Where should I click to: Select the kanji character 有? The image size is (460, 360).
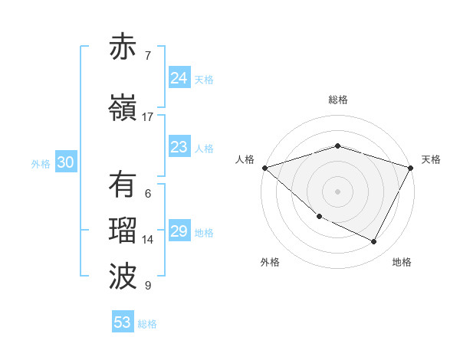[x=123, y=185]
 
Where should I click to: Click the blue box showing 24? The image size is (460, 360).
[x=179, y=78]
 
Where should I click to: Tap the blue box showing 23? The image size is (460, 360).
[x=179, y=147]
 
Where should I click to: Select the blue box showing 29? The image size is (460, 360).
[x=179, y=231]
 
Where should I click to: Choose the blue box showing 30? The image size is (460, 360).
[x=65, y=162]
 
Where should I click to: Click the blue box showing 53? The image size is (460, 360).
[x=123, y=322]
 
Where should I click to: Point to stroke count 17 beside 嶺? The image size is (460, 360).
[x=148, y=117]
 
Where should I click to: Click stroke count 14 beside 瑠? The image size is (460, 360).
[x=148, y=240]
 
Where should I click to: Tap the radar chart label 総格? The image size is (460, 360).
[x=338, y=100]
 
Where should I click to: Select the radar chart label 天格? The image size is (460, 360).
[x=431, y=159]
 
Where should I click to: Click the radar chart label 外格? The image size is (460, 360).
[x=270, y=262]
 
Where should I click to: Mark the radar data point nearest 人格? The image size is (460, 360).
[x=264, y=167]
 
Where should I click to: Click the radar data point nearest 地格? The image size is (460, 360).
[x=374, y=242]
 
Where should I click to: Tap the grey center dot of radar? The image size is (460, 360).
[x=338, y=191]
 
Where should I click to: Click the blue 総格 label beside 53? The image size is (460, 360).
[x=147, y=324]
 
